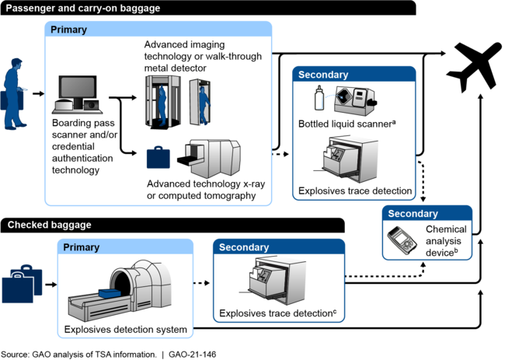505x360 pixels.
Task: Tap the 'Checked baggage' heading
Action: pos(50,225)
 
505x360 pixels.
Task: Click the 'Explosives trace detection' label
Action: pos(355,190)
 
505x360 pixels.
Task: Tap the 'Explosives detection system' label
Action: pos(126,330)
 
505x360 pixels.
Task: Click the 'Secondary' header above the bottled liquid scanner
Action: pos(323,75)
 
